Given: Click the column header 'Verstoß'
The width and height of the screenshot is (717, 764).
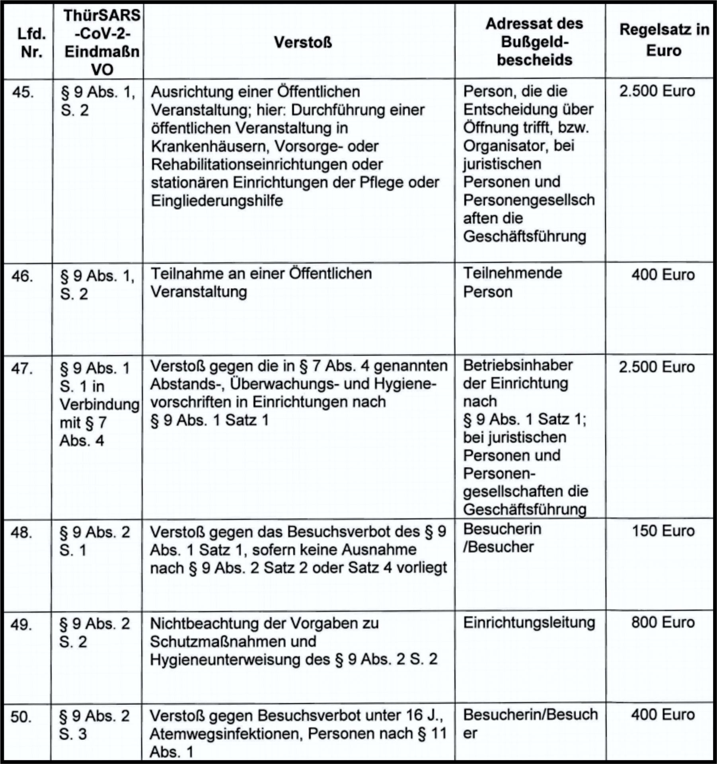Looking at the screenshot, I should [303, 42].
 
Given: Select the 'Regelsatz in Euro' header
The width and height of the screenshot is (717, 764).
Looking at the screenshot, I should [664, 40].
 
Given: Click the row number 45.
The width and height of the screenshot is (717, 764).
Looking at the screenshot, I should [23, 92].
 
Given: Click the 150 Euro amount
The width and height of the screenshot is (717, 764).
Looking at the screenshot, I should [663, 531].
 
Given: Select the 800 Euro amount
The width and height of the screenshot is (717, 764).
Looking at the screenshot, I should [662, 622].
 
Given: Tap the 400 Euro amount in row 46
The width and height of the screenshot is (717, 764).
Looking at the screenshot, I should [663, 275].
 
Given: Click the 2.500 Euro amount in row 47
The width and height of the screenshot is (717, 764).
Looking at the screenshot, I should [657, 367].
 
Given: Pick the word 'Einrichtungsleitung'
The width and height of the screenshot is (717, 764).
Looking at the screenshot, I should [529, 623].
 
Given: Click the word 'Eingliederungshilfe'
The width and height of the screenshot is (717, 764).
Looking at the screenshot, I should [217, 201].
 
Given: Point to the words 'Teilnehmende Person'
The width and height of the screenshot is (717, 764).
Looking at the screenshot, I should [512, 283].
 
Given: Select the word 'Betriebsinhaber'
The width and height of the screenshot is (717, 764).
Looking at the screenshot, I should [518, 365].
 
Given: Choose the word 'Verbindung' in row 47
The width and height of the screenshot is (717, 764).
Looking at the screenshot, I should [99, 404].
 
